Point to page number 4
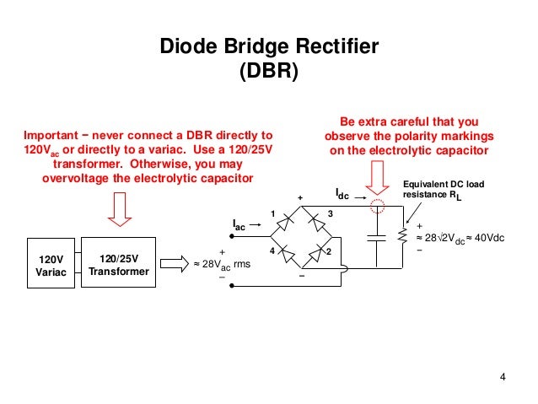click(x=503, y=376)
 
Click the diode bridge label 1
click(x=273, y=212)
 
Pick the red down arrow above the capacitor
click(x=371, y=171)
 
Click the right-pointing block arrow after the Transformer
click(x=175, y=264)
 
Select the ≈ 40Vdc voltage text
click(x=487, y=239)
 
